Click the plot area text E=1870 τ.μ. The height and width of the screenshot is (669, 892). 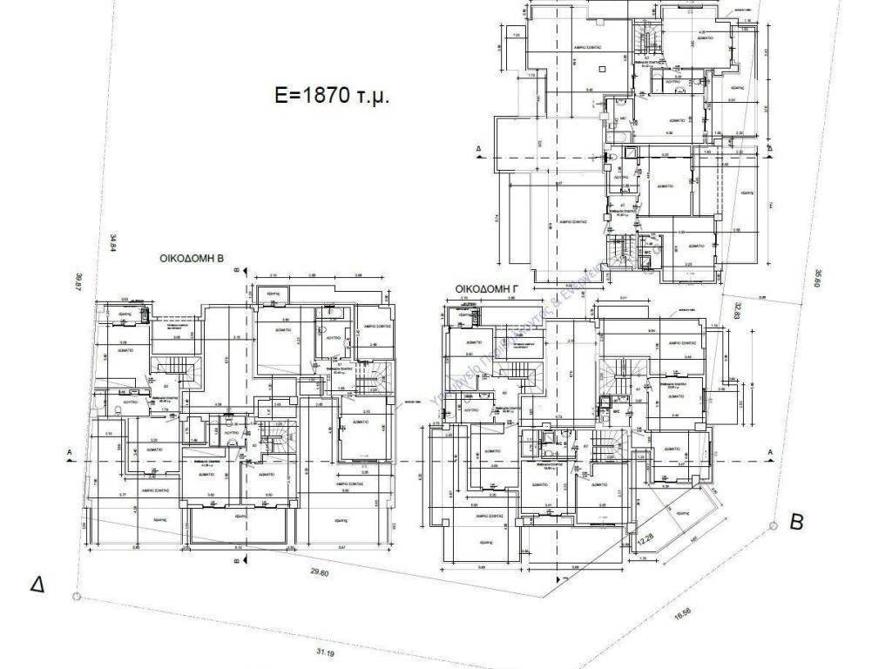click(x=332, y=96)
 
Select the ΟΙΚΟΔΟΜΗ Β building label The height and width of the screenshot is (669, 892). click(x=192, y=259)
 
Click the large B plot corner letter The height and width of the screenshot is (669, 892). click(x=795, y=522)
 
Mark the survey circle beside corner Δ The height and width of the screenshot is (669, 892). click(x=77, y=596)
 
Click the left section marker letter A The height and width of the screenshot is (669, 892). click(x=67, y=452)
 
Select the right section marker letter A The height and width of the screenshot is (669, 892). click(x=770, y=451)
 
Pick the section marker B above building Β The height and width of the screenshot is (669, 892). click(x=237, y=271)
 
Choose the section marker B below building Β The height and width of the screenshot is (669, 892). click(x=237, y=562)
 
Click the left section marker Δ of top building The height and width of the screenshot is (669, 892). click(x=478, y=149)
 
